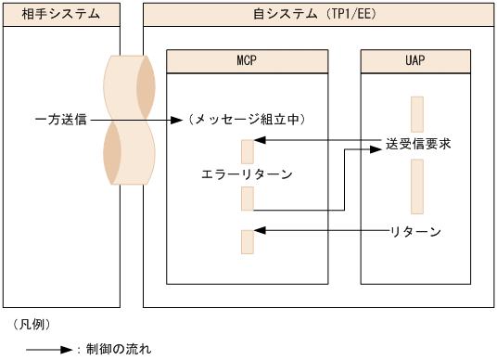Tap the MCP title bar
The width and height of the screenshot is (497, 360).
coord(247,61)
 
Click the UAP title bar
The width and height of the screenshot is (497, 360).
coord(416,61)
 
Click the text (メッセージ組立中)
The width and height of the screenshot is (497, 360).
coord(247,120)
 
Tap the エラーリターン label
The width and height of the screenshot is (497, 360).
coord(247,174)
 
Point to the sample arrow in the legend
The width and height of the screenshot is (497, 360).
coord(48,350)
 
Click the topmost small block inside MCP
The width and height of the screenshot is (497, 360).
coord(247,151)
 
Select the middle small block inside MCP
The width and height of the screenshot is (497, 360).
coord(247,199)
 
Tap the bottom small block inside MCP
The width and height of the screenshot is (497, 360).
coord(247,240)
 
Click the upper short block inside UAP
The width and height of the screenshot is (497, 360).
coord(416,114)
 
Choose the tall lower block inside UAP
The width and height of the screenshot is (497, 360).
coord(416,186)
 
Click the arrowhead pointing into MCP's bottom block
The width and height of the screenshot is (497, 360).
coord(260,229)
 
